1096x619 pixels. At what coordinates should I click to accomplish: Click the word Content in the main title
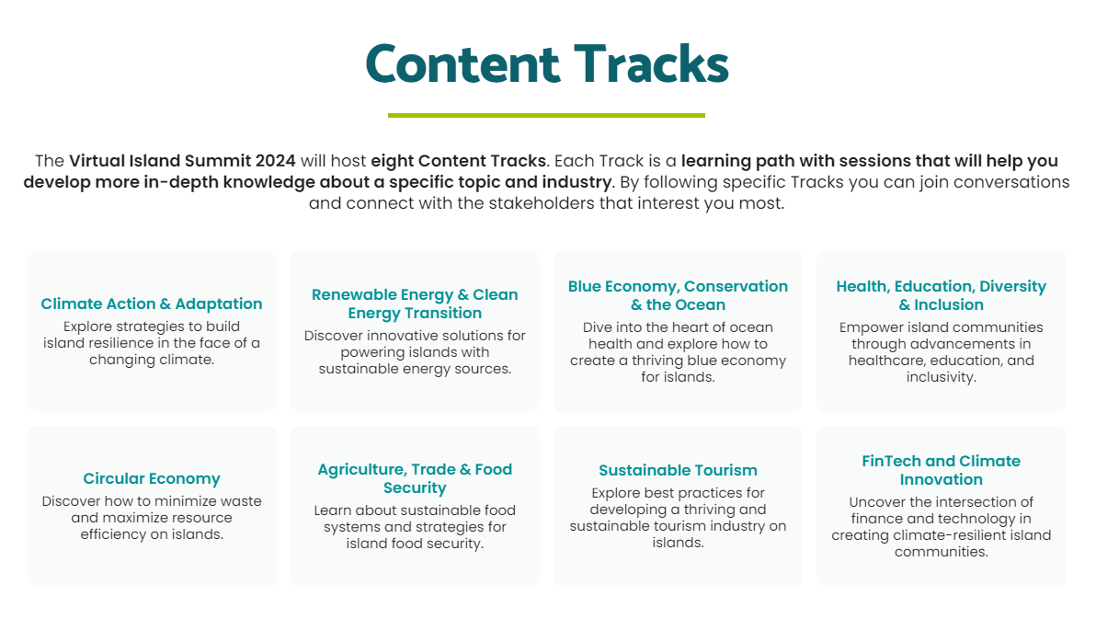click(462, 64)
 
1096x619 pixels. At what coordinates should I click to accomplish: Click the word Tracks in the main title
click(652, 64)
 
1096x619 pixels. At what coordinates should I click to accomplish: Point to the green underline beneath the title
click(546, 115)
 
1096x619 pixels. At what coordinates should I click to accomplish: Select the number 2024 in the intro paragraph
click(276, 161)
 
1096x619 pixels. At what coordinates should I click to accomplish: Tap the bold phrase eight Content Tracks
click(458, 162)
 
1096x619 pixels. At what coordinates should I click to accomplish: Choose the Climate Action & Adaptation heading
click(152, 304)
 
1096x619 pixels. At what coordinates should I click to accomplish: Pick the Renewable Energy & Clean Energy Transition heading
click(416, 304)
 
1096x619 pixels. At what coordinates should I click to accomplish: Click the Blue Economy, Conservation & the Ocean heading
click(678, 296)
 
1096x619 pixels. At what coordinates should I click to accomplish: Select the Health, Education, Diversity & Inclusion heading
click(941, 296)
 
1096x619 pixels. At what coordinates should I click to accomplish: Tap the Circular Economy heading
click(152, 479)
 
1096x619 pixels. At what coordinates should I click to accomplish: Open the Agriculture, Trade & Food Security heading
click(416, 478)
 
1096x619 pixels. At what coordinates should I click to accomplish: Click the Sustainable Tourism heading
click(678, 470)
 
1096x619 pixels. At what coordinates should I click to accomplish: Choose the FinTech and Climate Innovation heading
click(941, 470)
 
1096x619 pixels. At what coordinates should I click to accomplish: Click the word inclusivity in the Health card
click(941, 378)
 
